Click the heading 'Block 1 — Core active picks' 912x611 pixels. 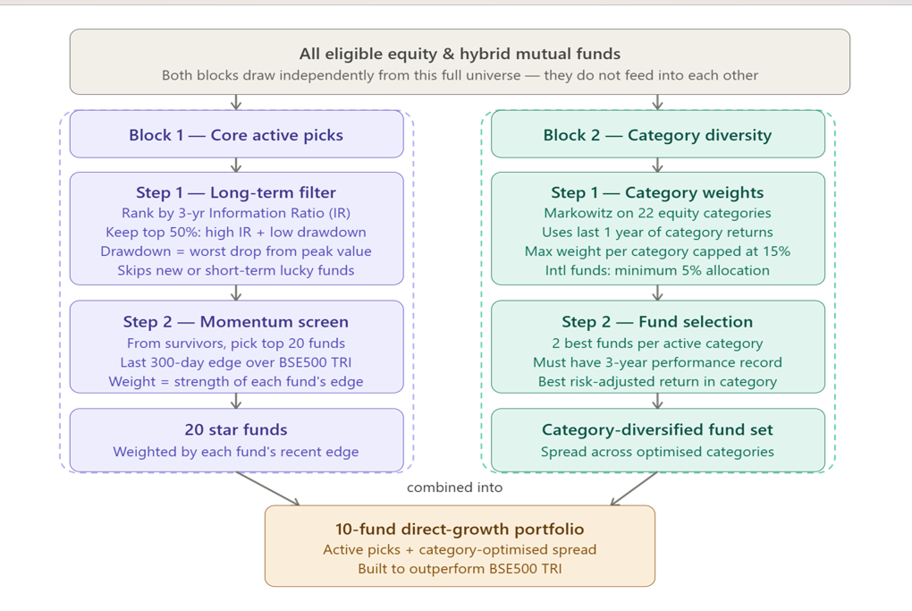[236, 135]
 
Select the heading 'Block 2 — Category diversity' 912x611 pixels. [657, 135]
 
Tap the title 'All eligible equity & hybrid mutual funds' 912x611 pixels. [460, 55]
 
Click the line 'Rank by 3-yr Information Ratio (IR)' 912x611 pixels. [236, 213]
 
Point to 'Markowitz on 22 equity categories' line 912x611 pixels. [657, 213]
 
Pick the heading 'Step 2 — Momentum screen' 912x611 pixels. [236, 321]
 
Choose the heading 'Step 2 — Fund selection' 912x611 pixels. [657, 321]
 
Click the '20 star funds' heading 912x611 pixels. [236, 429]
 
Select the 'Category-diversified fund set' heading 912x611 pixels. [657, 429]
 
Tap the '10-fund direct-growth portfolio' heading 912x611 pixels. [460, 529]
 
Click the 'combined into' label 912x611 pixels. [454, 488]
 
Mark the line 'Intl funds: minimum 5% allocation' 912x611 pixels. [657, 270]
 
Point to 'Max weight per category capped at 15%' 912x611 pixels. [657, 251]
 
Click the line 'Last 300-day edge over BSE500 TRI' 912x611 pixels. [236, 362]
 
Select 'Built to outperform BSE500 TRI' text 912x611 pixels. [460, 568]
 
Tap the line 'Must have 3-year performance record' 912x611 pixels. [657, 362]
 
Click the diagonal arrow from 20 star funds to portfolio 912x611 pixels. [268, 488]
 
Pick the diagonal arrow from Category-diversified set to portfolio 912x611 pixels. [635, 488]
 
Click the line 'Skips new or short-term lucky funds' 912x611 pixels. [236, 270]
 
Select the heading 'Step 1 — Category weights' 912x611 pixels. [657, 192]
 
